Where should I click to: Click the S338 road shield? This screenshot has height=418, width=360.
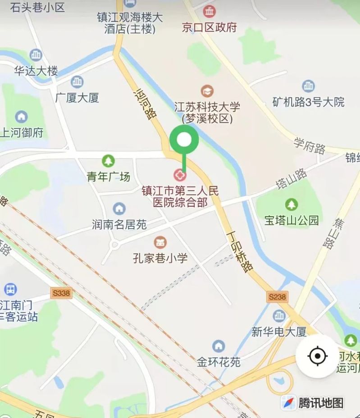pos(61,293)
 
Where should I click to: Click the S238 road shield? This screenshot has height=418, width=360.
pos(277,297)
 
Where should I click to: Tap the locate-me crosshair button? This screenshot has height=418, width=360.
pos(317,356)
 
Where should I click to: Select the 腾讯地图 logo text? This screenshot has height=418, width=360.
pos(321,402)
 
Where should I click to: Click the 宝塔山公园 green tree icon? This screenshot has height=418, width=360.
pos(292,204)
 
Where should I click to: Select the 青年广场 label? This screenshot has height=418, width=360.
pos(109,177)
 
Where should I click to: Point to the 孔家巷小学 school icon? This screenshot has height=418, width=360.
pos(159,242)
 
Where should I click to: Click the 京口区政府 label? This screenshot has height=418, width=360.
pos(209,27)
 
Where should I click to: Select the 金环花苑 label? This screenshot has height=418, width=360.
pos(219,362)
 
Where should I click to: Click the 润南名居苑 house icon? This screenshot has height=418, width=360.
pos(119,209)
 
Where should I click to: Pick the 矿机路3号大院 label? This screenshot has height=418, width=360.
pos(308,102)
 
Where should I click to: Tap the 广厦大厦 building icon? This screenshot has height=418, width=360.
pos(77,82)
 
